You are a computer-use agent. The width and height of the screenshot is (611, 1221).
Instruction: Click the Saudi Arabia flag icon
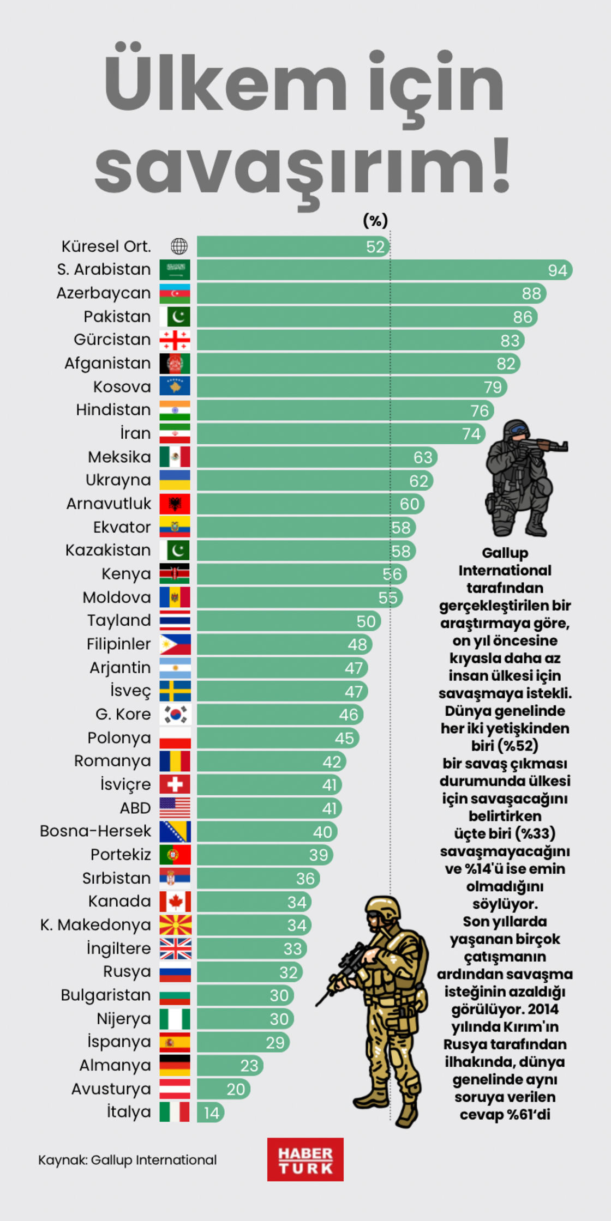(175, 270)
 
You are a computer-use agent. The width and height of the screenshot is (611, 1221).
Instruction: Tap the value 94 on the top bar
(557, 270)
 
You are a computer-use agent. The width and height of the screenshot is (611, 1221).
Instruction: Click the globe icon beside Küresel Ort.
(179, 246)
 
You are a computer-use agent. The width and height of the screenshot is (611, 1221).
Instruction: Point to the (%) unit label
(375, 221)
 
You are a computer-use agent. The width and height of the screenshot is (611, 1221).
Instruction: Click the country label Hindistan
(113, 410)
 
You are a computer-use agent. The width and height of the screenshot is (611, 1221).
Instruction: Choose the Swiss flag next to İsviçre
(175, 784)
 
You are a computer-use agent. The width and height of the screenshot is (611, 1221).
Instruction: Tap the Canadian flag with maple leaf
(175, 902)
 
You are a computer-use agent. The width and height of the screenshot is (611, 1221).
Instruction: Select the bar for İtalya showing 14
(211, 1113)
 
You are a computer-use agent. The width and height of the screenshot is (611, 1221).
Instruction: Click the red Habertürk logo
(305, 1159)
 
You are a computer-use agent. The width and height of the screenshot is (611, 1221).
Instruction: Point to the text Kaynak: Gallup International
(127, 1160)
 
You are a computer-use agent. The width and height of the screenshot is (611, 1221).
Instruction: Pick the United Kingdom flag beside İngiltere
(175, 948)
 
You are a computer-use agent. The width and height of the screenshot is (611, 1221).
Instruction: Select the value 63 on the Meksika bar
(422, 457)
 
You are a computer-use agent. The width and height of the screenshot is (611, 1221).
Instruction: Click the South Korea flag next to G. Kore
(175, 714)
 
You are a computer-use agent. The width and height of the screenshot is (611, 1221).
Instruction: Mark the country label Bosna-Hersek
(95, 831)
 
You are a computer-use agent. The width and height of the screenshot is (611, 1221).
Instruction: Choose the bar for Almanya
(230, 1066)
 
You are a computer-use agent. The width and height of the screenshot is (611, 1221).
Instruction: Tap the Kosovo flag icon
(175, 386)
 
